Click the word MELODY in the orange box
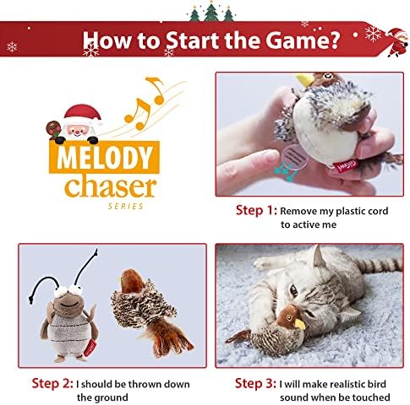[x=104, y=158]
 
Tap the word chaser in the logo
[x=110, y=186]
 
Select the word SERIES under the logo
[x=126, y=207]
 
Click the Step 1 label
[x=256, y=210]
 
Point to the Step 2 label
[x=52, y=383]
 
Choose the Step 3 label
[x=255, y=383]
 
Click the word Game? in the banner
[x=302, y=40]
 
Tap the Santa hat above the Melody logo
[x=83, y=112]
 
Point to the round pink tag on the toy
[x=295, y=157]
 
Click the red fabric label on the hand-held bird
[x=346, y=165]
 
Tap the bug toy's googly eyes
[x=68, y=291]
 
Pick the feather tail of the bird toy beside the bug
[x=167, y=340]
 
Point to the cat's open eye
[x=293, y=291]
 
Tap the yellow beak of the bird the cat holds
[x=300, y=324]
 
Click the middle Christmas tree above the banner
[x=211, y=12]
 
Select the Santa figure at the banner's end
[x=396, y=42]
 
